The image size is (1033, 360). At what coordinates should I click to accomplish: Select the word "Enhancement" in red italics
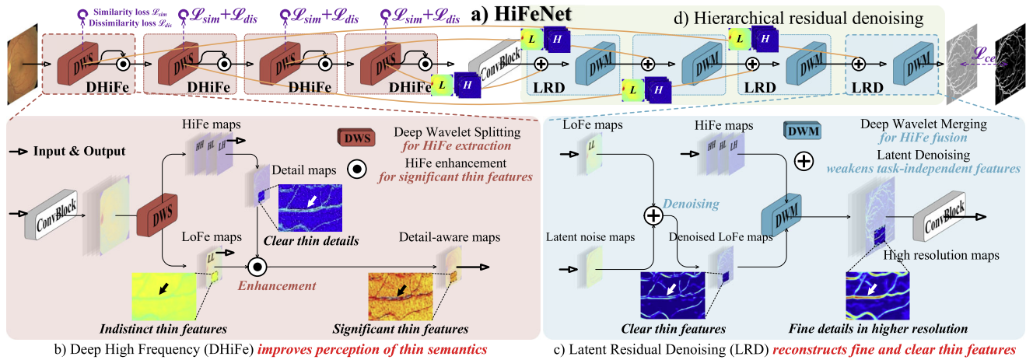[267, 285]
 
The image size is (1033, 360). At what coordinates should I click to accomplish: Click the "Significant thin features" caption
[401, 329]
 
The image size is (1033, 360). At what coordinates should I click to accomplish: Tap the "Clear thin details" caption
[311, 241]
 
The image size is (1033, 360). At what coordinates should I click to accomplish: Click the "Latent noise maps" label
[593, 236]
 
